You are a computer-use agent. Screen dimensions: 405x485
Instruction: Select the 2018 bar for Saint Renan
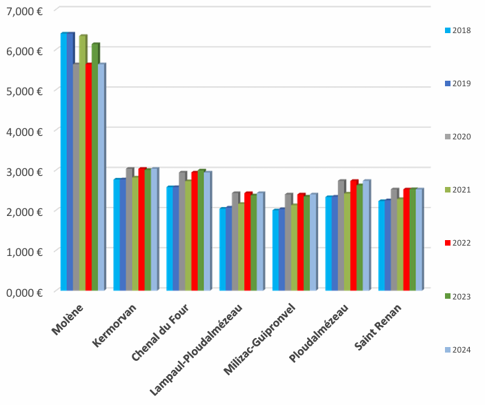tap(382, 246)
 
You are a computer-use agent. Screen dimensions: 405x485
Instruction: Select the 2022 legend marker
tap(447, 243)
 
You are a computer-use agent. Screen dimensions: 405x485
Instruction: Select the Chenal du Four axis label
tap(164, 332)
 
